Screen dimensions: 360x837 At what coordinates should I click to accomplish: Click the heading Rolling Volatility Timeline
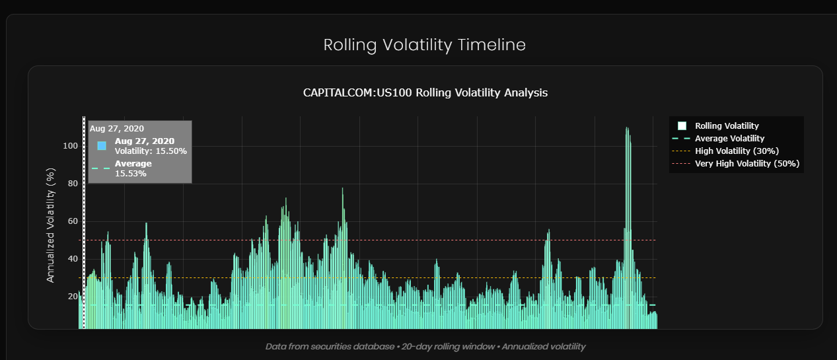click(x=425, y=45)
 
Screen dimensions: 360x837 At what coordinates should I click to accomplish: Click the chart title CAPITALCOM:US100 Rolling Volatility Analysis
click(x=425, y=92)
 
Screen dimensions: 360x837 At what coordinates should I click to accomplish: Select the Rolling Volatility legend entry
click(x=727, y=126)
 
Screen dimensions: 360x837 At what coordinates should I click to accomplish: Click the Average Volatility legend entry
click(x=729, y=138)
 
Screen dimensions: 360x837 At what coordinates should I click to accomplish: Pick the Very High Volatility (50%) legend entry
click(x=747, y=163)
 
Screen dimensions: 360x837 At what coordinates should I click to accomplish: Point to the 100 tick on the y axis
click(x=69, y=146)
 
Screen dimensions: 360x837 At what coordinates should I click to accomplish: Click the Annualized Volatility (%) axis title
click(x=50, y=225)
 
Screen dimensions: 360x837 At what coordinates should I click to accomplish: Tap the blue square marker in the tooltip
click(x=102, y=145)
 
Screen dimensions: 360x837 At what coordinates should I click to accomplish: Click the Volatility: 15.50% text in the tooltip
click(x=151, y=151)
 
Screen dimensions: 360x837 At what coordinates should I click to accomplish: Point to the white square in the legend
click(x=682, y=126)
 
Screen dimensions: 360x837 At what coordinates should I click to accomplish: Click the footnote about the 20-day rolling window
click(x=425, y=346)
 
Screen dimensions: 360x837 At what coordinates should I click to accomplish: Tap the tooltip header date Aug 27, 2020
click(x=117, y=128)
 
